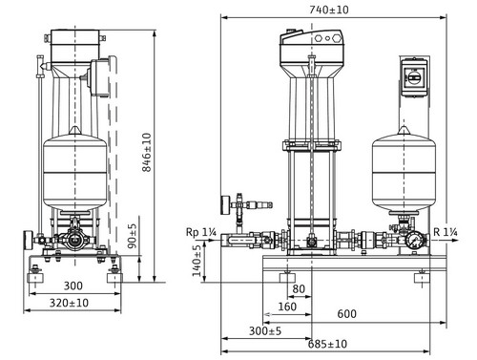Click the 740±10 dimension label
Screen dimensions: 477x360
coord(329,10)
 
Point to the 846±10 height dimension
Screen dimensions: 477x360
coord(147,153)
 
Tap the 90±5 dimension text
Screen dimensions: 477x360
coord(132,236)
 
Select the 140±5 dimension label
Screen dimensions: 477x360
coord(197,261)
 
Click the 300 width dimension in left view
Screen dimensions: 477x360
coord(73,286)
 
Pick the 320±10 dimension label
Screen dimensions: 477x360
coord(69,303)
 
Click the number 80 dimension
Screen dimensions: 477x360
coord(299,288)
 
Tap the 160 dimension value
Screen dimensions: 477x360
coord(287,307)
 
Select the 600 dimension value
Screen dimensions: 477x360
coord(346,314)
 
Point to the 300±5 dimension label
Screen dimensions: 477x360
coord(265,330)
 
